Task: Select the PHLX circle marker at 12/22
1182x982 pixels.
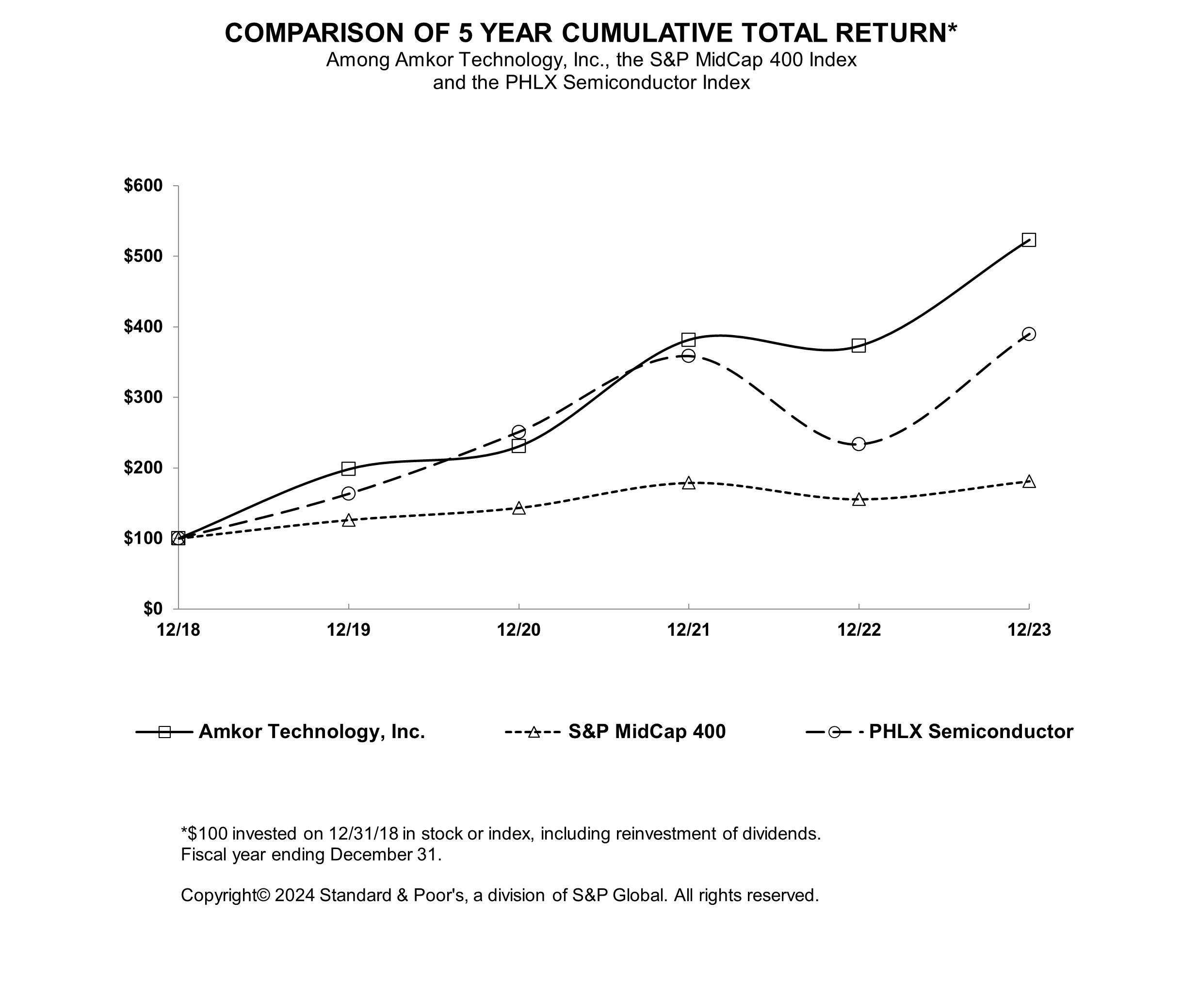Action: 858,444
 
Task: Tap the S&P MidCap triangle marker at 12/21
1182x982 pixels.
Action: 688,483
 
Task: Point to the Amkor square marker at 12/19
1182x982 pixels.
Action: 348,469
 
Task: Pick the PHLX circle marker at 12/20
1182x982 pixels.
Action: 518,432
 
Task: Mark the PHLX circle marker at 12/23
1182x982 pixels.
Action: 1029,334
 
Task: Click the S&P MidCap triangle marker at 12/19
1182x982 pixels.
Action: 348,520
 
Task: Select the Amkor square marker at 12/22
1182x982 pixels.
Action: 858,346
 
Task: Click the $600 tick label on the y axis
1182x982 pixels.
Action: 143,186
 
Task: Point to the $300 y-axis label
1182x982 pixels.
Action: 143,397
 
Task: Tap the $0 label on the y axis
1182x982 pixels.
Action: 152,608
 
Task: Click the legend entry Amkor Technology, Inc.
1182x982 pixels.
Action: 311,732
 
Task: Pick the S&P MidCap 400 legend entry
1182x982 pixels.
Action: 647,732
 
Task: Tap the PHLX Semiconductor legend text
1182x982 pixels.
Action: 971,732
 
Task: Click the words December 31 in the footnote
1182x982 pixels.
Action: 383,854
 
